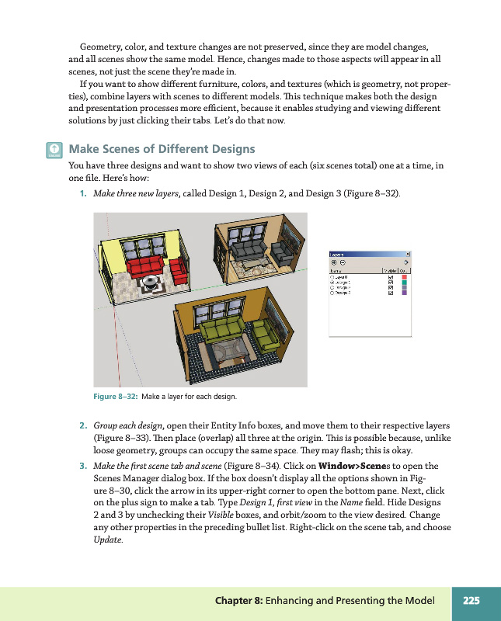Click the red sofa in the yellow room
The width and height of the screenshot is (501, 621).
point(148,269)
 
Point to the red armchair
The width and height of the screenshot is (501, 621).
point(178,270)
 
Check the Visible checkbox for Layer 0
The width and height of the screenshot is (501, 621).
point(391,276)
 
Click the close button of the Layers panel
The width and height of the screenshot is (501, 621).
point(408,254)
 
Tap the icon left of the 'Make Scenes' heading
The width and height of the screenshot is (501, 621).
point(53,150)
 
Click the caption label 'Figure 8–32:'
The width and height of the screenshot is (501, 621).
point(115,397)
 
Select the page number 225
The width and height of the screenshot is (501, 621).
point(471,600)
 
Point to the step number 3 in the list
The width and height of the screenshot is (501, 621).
point(82,466)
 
